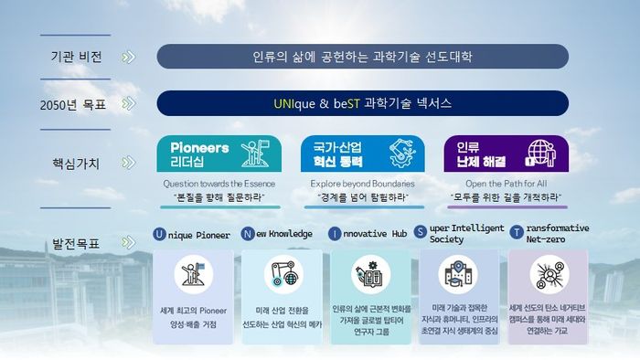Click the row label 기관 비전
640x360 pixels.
tap(76, 57)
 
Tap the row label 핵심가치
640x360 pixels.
tap(76, 165)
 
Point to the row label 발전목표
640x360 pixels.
tap(76, 244)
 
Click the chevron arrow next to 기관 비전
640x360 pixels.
tap(128, 57)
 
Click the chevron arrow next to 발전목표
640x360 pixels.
tap(128, 244)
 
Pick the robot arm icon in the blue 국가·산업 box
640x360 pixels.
tap(399, 153)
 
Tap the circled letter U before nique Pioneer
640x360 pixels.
tap(160, 234)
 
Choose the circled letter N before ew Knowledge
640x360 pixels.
tap(248, 234)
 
